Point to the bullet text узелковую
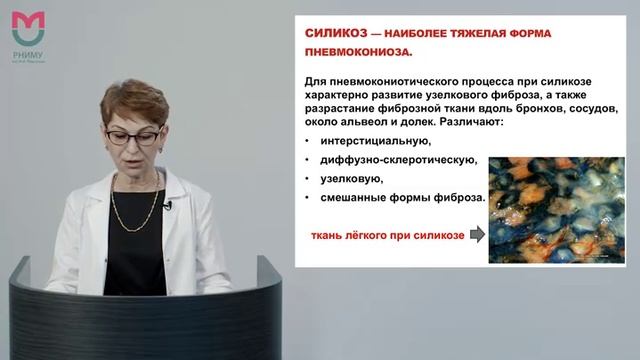(x=348, y=179)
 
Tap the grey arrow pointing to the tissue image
(x=476, y=235)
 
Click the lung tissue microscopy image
(x=556, y=209)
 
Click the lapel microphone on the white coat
(x=167, y=205)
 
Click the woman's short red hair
(x=134, y=100)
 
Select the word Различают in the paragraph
(x=470, y=121)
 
